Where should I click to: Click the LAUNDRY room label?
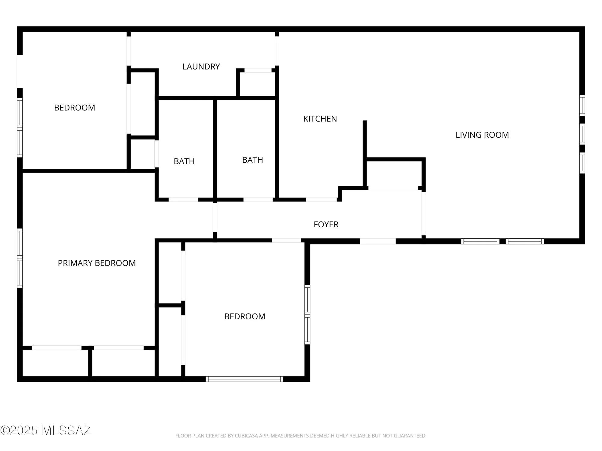tap(201, 66)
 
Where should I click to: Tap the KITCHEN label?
tap(320, 119)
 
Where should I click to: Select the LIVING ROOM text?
tap(482, 135)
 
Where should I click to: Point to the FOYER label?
tap(326, 224)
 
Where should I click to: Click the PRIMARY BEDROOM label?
tap(97, 263)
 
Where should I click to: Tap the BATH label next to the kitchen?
tap(253, 160)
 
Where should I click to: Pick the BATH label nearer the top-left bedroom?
tap(184, 161)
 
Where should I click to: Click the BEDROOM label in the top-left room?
tap(74, 108)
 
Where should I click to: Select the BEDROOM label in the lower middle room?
tap(244, 316)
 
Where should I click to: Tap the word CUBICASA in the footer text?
tap(247, 436)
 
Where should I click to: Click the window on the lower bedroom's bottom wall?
tap(244, 379)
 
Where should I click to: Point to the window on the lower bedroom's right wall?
tap(307, 314)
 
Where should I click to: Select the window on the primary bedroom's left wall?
tap(20, 258)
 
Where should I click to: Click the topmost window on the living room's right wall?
tap(582, 105)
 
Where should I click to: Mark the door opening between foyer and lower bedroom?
tap(286, 240)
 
